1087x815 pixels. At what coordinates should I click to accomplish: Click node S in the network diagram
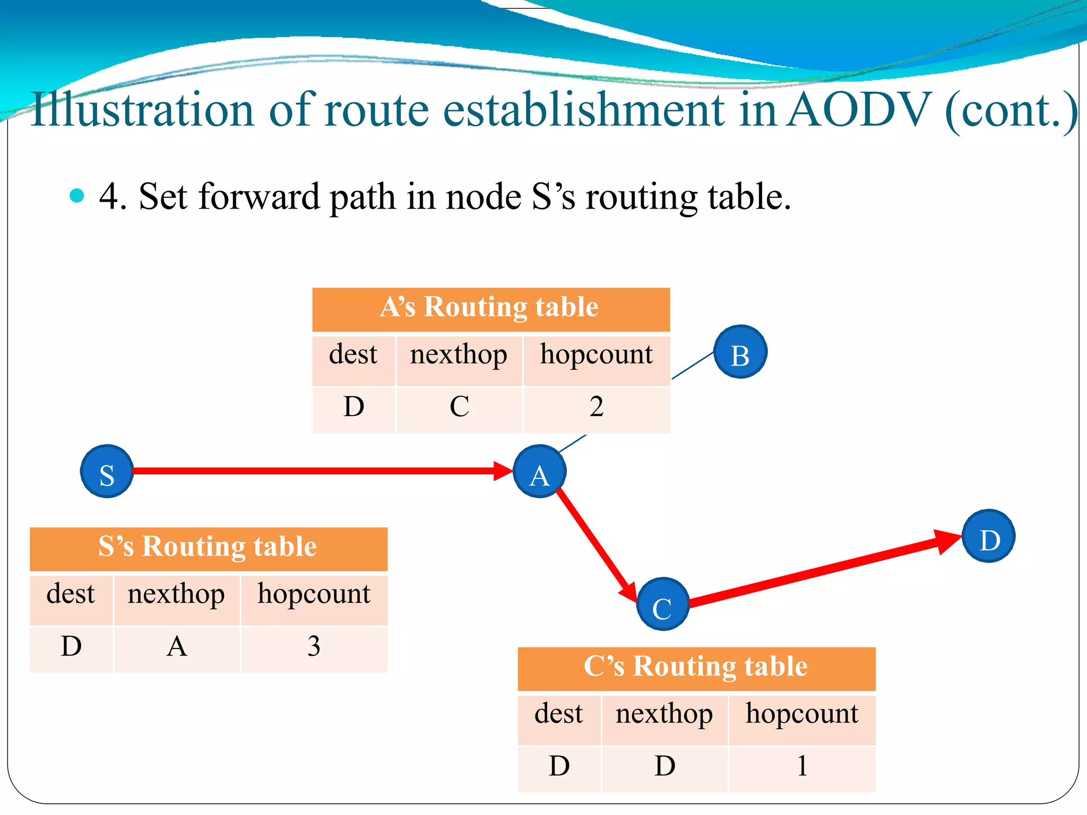pos(107,471)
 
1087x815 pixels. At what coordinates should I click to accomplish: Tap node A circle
pos(539,471)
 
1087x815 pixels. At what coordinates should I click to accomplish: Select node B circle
pos(740,352)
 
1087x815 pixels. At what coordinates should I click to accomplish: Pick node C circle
pos(662,604)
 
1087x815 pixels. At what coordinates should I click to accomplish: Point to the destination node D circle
pos(988,536)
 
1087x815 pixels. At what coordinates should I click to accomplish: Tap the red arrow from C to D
pos(823,570)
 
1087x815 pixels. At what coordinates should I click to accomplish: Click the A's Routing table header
pos(490,308)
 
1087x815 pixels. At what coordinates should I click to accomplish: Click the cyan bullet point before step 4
pos(77,195)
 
